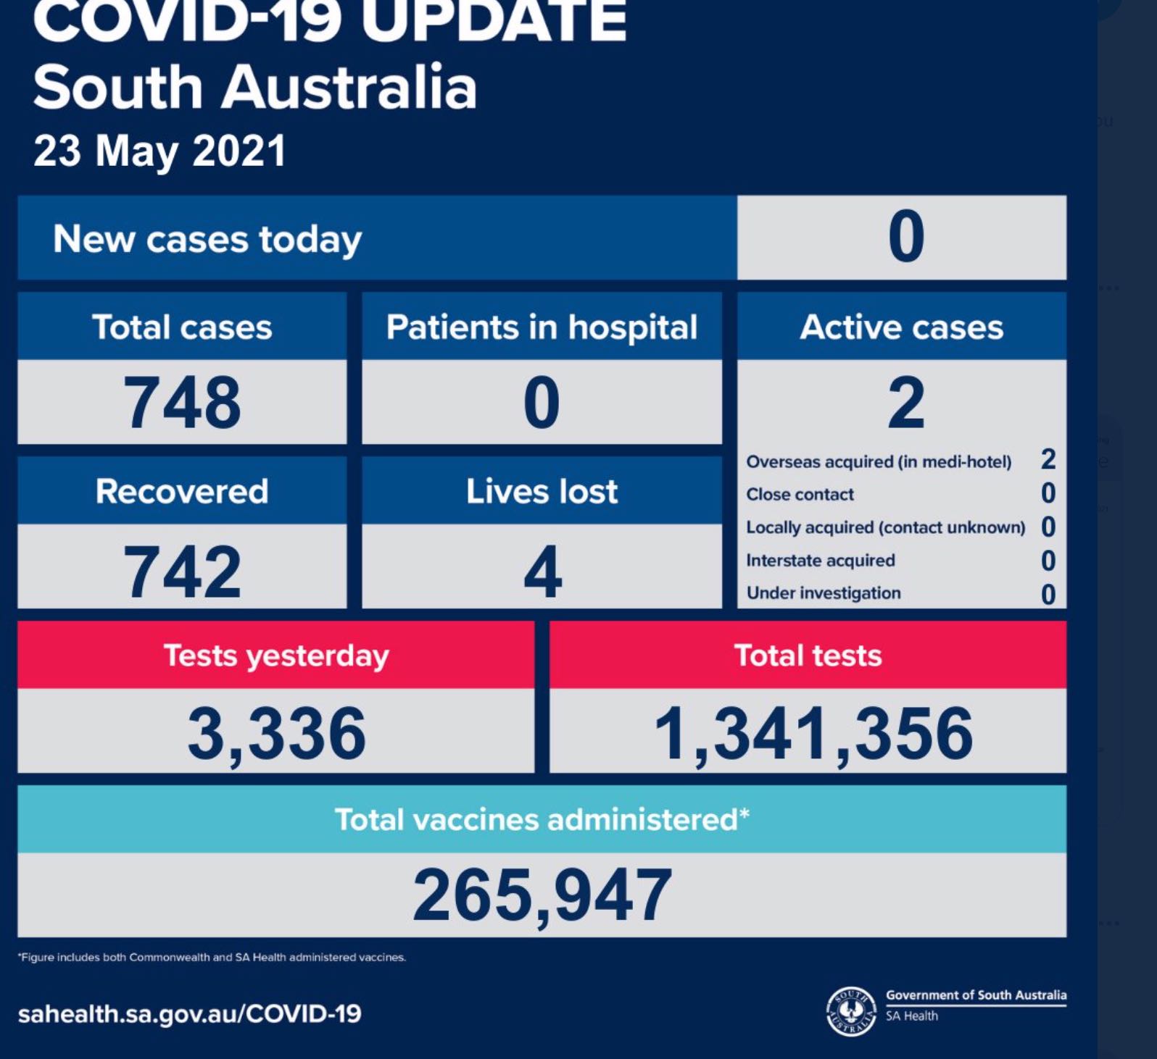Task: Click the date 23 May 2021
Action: coord(159,151)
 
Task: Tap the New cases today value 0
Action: coord(905,237)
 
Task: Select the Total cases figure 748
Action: coord(182,403)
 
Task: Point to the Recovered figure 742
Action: coord(182,572)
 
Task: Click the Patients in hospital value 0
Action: coord(542,403)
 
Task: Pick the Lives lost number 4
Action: coord(542,572)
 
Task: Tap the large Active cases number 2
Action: coord(905,403)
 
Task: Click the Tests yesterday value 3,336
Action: coord(276,734)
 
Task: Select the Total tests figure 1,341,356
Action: coord(813,734)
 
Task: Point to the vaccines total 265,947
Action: coord(542,896)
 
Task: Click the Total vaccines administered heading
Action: coord(542,820)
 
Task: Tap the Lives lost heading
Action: coord(542,492)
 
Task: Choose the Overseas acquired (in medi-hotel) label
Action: coord(879,462)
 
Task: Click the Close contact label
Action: coord(800,495)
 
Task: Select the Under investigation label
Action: coord(824,593)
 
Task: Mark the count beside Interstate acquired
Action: coord(1048,561)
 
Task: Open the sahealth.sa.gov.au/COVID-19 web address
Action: coord(189,1014)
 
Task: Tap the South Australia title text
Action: coord(254,88)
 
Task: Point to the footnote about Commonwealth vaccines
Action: coord(212,958)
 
